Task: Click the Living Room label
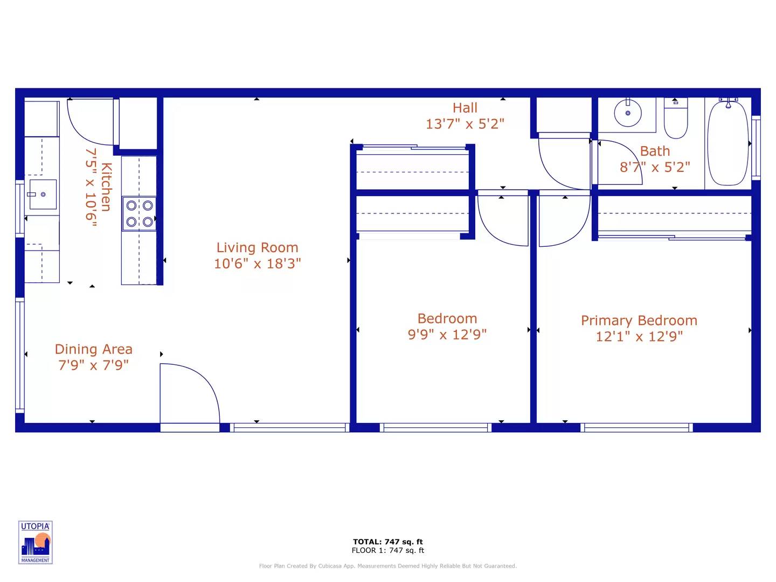pyautogui.click(x=257, y=247)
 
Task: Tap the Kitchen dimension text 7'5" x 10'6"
pyautogui.click(x=91, y=188)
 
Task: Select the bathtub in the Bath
pyautogui.click(x=727, y=143)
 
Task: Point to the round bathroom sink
pyautogui.click(x=628, y=113)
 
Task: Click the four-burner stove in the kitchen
pyautogui.click(x=139, y=213)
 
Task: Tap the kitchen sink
pyautogui.click(x=43, y=195)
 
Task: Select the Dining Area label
pyautogui.click(x=93, y=349)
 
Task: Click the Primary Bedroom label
pyautogui.click(x=639, y=321)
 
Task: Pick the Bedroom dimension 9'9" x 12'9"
pyautogui.click(x=447, y=335)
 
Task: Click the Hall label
pyautogui.click(x=465, y=108)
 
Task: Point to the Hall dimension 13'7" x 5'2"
pyautogui.click(x=465, y=124)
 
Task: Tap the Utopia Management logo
pyautogui.click(x=36, y=543)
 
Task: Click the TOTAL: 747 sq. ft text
pyautogui.click(x=387, y=542)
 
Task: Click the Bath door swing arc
pyautogui.click(x=620, y=162)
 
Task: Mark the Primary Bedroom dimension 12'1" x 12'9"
pyautogui.click(x=639, y=337)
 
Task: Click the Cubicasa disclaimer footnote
pyautogui.click(x=387, y=566)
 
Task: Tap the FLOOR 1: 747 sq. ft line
pyautogui.click(x=387, y=550)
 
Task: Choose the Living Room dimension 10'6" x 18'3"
pyautogui.click(x=257, y=264)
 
